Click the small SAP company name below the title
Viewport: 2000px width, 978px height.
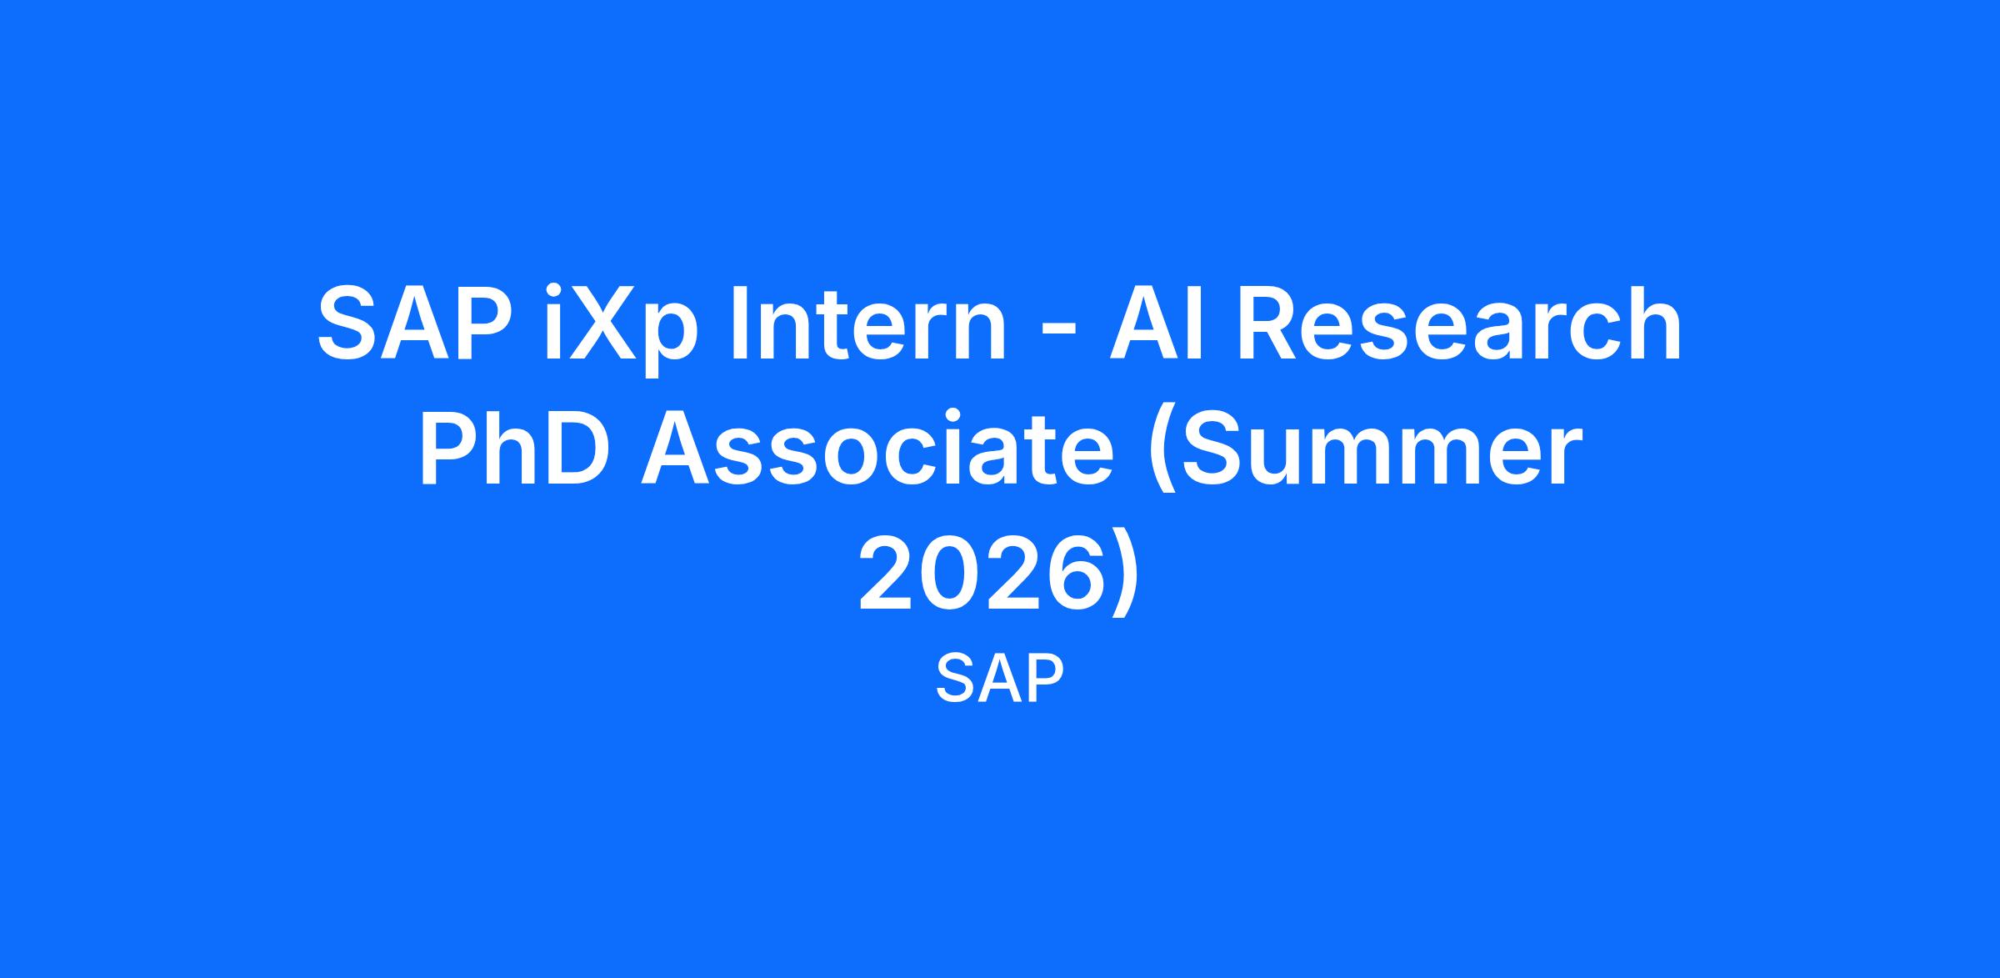pyautogui.click(x=999, y=678)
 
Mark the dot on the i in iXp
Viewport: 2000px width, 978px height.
pyautogui.click(x=553, y=291)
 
